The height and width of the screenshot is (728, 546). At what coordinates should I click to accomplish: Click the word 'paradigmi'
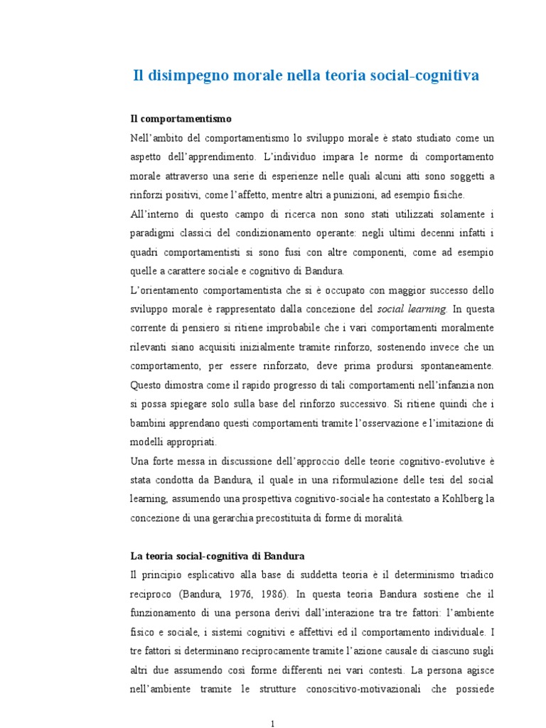coord(153,232)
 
